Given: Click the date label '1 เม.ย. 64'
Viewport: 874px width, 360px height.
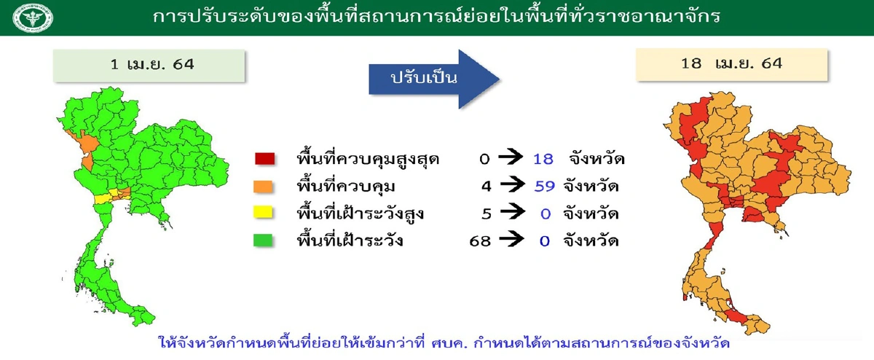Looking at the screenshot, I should point(149,64).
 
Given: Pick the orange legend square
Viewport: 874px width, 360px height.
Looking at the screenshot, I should point(264,186).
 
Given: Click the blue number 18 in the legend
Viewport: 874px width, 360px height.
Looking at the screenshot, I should point(543,159).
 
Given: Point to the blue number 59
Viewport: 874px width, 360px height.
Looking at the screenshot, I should point(544,186).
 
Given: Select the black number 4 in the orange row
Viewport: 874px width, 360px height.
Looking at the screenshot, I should point(487,186).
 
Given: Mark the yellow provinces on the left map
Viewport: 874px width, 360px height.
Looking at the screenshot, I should point(105,197).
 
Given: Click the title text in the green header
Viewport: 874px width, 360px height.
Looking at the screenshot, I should point(437,16).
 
